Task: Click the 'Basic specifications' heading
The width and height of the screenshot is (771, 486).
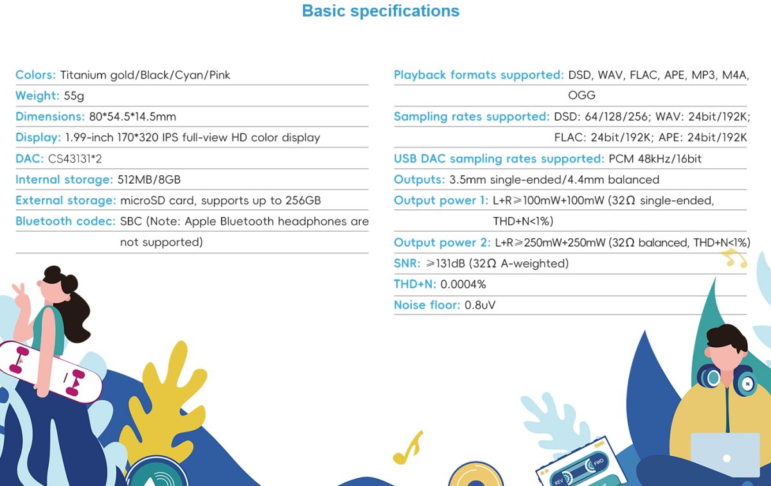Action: pyautogui.click(x=380, y=11)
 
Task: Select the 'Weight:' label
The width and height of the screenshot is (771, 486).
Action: pyautogui.click(x=37, y=96)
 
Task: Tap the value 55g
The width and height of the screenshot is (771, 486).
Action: pyautogui.click(x=74, y=96)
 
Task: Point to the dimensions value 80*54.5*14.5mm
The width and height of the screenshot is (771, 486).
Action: pyautogui.click(x=132, y=117)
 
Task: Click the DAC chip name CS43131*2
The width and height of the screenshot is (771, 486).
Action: pyautogui.click(x=75, y=159)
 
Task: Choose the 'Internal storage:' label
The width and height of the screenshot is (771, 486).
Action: pyautogui.click(x=64, y=180)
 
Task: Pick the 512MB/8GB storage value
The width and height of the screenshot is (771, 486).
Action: pyautogui.click(x=149, y=180)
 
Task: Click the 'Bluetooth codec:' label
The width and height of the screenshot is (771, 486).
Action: pyautogui.click(x=66, y=221)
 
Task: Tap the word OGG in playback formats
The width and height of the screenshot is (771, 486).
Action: pyautogui.click(x=581, y=95)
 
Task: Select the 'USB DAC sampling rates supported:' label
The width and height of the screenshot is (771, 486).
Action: pyautogui.click(x=499, y=159)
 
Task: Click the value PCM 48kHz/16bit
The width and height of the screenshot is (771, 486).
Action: pyautogui.click(x=655, y=159)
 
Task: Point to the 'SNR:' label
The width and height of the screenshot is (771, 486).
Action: pyautogui.click(x=407, y=263)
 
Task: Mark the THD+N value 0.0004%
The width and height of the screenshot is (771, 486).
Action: pyautogui.click(x=463, y=284)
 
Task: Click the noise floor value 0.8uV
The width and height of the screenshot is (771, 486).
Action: pyautogui.click(x=480, y=305)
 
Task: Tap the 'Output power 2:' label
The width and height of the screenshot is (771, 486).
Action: pyautogui.click(x=442, y=243)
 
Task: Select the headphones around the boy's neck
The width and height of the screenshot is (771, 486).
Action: pyautogui.click(x=726, y=380)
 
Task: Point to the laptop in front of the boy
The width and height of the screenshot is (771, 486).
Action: pyautogui.click(x=725, y=455)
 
